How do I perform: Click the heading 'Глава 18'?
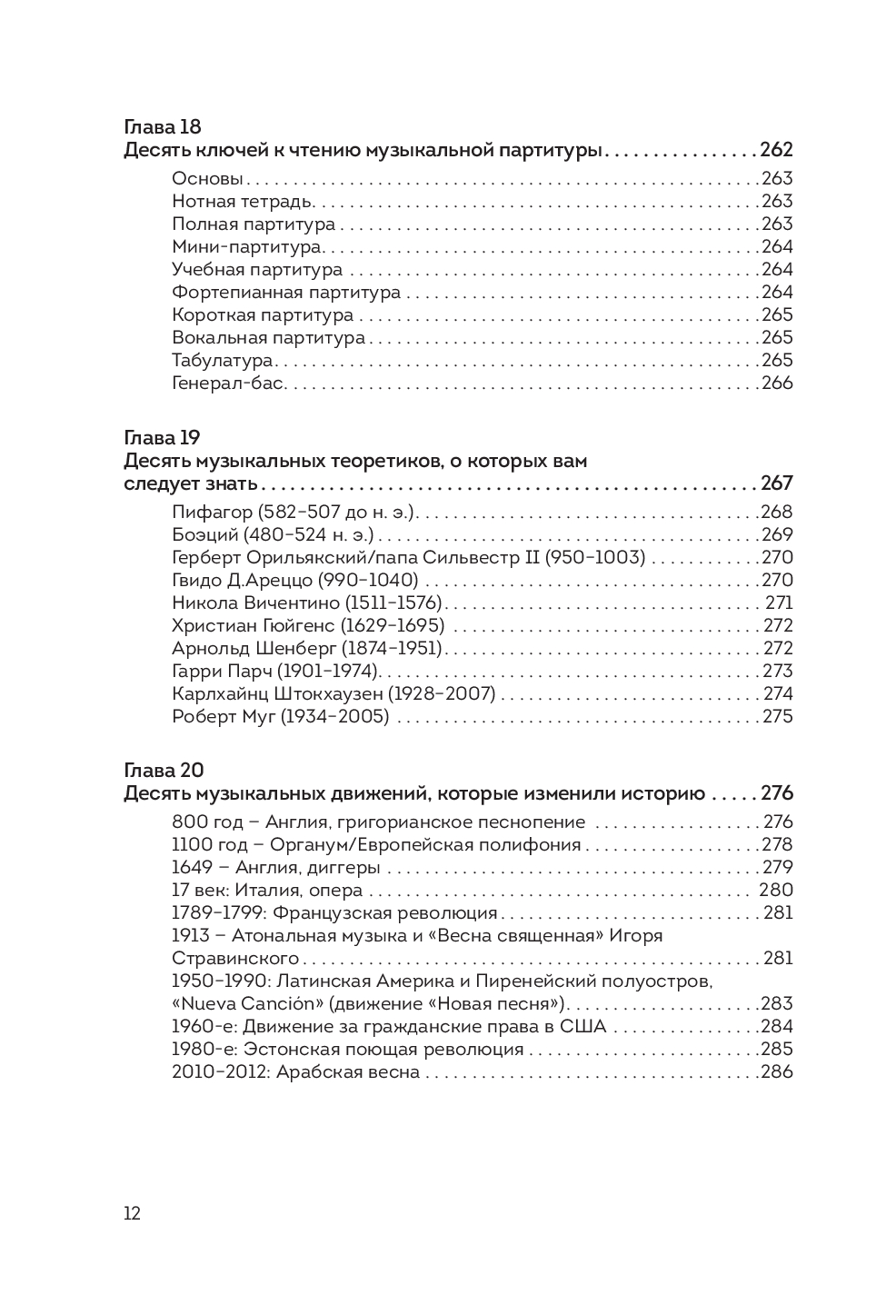(162, 127)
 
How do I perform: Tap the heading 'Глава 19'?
(162, 438)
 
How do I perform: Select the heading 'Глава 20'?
(164, 771)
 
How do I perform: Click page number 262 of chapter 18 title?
(776, 151)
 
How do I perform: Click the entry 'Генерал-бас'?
(229, 384)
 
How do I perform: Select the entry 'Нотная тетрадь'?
(243, 202)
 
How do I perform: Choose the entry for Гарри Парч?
(275, 672)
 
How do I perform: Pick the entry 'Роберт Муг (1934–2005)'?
(280, 717)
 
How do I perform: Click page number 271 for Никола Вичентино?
(779, 603)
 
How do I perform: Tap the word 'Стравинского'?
(235, 959)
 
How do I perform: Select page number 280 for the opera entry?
(775, 891)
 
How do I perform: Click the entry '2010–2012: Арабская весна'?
(295, 1072)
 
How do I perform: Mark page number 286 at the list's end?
(776, 1072)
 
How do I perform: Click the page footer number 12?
(132, 1214)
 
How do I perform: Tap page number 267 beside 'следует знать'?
(776, 483)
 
